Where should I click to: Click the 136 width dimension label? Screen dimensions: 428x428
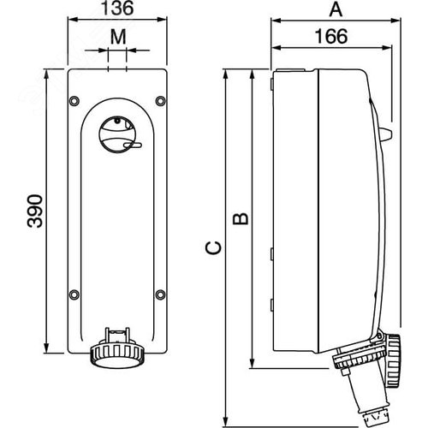[117, 8]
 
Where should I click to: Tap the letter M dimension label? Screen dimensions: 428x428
[118, 37]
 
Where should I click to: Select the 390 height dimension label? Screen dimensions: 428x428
[35, 211]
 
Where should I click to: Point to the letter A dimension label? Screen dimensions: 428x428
[336, 9]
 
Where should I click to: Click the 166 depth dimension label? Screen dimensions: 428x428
[331, 37]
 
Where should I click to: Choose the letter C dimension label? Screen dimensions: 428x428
[213, 247]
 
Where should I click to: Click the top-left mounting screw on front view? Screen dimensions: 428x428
[74, 101]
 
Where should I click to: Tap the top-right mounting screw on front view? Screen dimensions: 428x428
[160, 101]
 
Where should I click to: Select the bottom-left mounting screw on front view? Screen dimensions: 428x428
[74, 294]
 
